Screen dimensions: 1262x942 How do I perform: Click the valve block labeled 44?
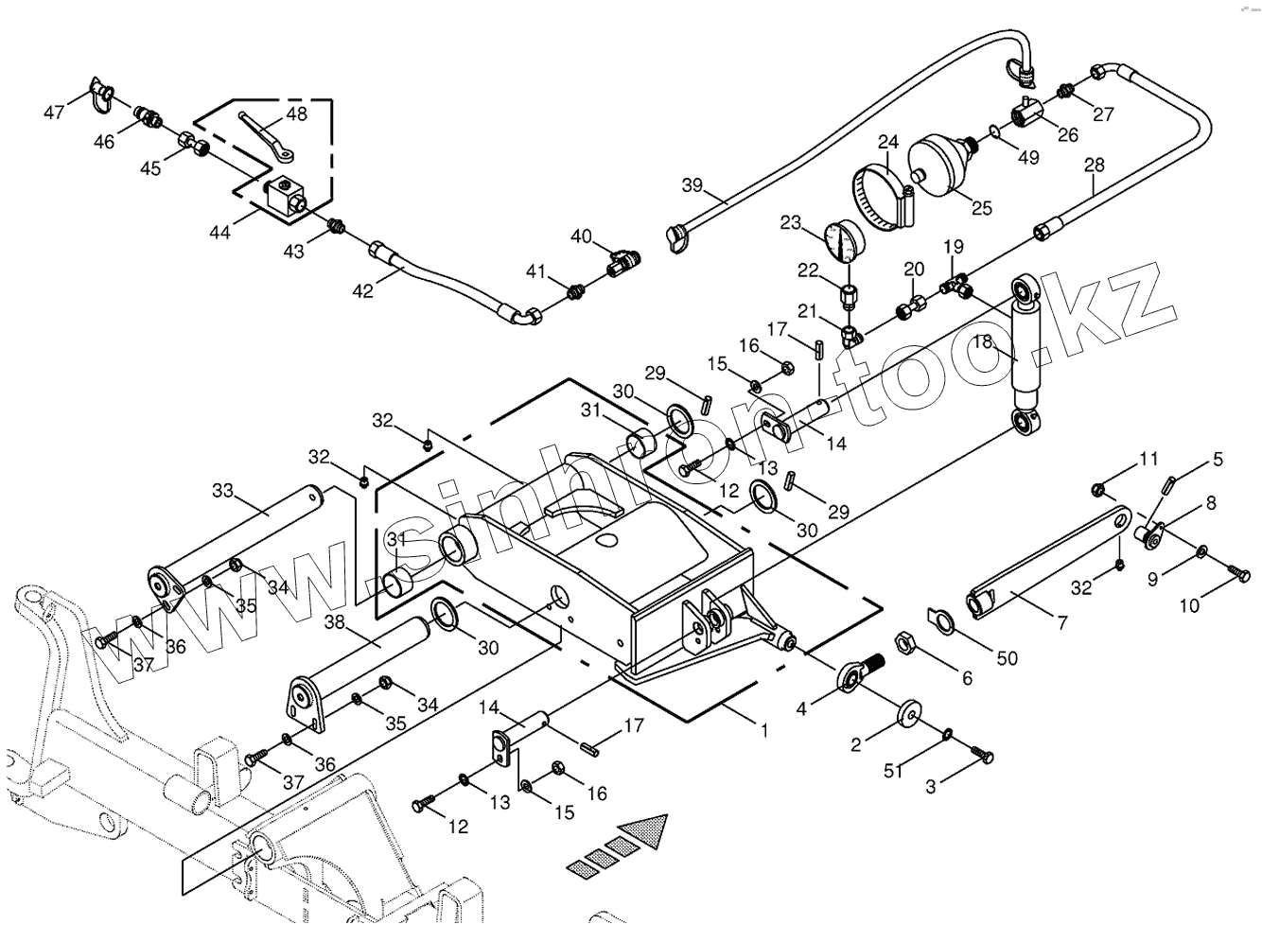coord(286,199)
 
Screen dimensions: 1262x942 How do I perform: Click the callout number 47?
coord(54,112)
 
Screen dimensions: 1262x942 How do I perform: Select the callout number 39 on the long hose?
coord(692,185)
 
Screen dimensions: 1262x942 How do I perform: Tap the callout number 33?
coord(223,490)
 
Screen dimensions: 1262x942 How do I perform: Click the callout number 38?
coord(336,621)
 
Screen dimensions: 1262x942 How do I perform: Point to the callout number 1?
coord(764,731)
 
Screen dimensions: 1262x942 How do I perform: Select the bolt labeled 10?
coord(1237,573)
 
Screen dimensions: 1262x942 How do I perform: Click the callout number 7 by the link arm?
coord(1061,622)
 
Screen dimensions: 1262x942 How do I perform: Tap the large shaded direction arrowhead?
coord(644,830)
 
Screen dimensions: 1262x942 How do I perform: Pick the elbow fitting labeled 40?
coord(623,263)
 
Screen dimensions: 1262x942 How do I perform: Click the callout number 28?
coord(1095,165)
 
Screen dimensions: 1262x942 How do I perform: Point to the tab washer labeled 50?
coord(941,622)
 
